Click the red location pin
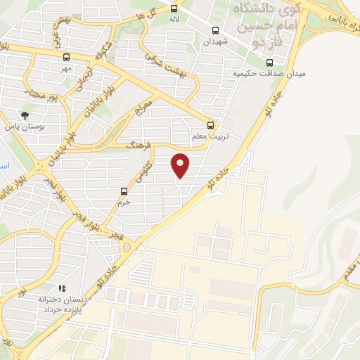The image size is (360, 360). [181, 164]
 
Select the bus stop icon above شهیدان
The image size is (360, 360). [215, 30]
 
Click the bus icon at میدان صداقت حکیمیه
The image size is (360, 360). [269, 62]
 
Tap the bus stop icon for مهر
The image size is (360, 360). [67, 58]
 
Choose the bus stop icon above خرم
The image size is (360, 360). [124, 191]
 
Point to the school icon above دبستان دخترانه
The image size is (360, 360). [62, 288]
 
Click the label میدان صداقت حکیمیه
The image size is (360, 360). [262, 73]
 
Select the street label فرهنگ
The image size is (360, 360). [139, 146]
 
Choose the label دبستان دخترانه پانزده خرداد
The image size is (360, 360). [63, 304]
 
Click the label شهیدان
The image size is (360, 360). [217, 41]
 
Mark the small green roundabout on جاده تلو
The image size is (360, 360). [127, 246]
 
